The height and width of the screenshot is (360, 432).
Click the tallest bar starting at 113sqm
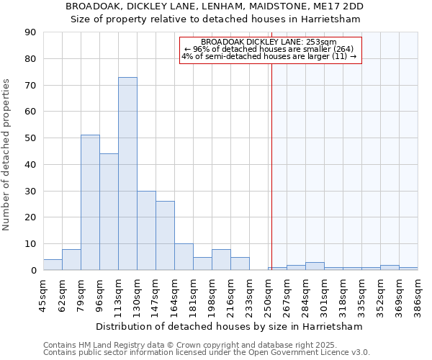tap(127, 174)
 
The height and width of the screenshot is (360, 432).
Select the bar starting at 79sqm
tap(90, 202)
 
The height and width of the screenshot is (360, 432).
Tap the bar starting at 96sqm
tap(109, 212)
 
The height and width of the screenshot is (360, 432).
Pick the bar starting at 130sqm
tap(146, 230)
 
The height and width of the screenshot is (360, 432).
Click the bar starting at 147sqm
tap(165, 235)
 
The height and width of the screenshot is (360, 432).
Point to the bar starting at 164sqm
tap(184, 257)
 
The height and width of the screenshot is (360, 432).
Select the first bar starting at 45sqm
tap(53, 264)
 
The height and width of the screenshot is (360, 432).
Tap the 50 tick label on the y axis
tap(30, 138)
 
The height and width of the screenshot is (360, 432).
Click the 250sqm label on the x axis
tap(268, 293)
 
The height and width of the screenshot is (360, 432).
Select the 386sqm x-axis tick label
tap(418, 293)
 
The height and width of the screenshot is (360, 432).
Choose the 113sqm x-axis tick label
tap(118, 293)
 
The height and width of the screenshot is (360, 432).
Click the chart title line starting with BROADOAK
tap(215, 6)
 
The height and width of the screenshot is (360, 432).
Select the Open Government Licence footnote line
tap(207, 353)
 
